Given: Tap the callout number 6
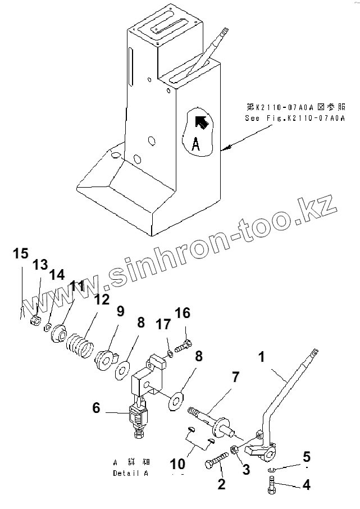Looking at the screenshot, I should click(96, 408).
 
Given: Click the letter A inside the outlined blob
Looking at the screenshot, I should click(195, 145).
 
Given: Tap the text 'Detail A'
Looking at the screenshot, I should click(130, 473).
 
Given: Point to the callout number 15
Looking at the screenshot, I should click(20, 254).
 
